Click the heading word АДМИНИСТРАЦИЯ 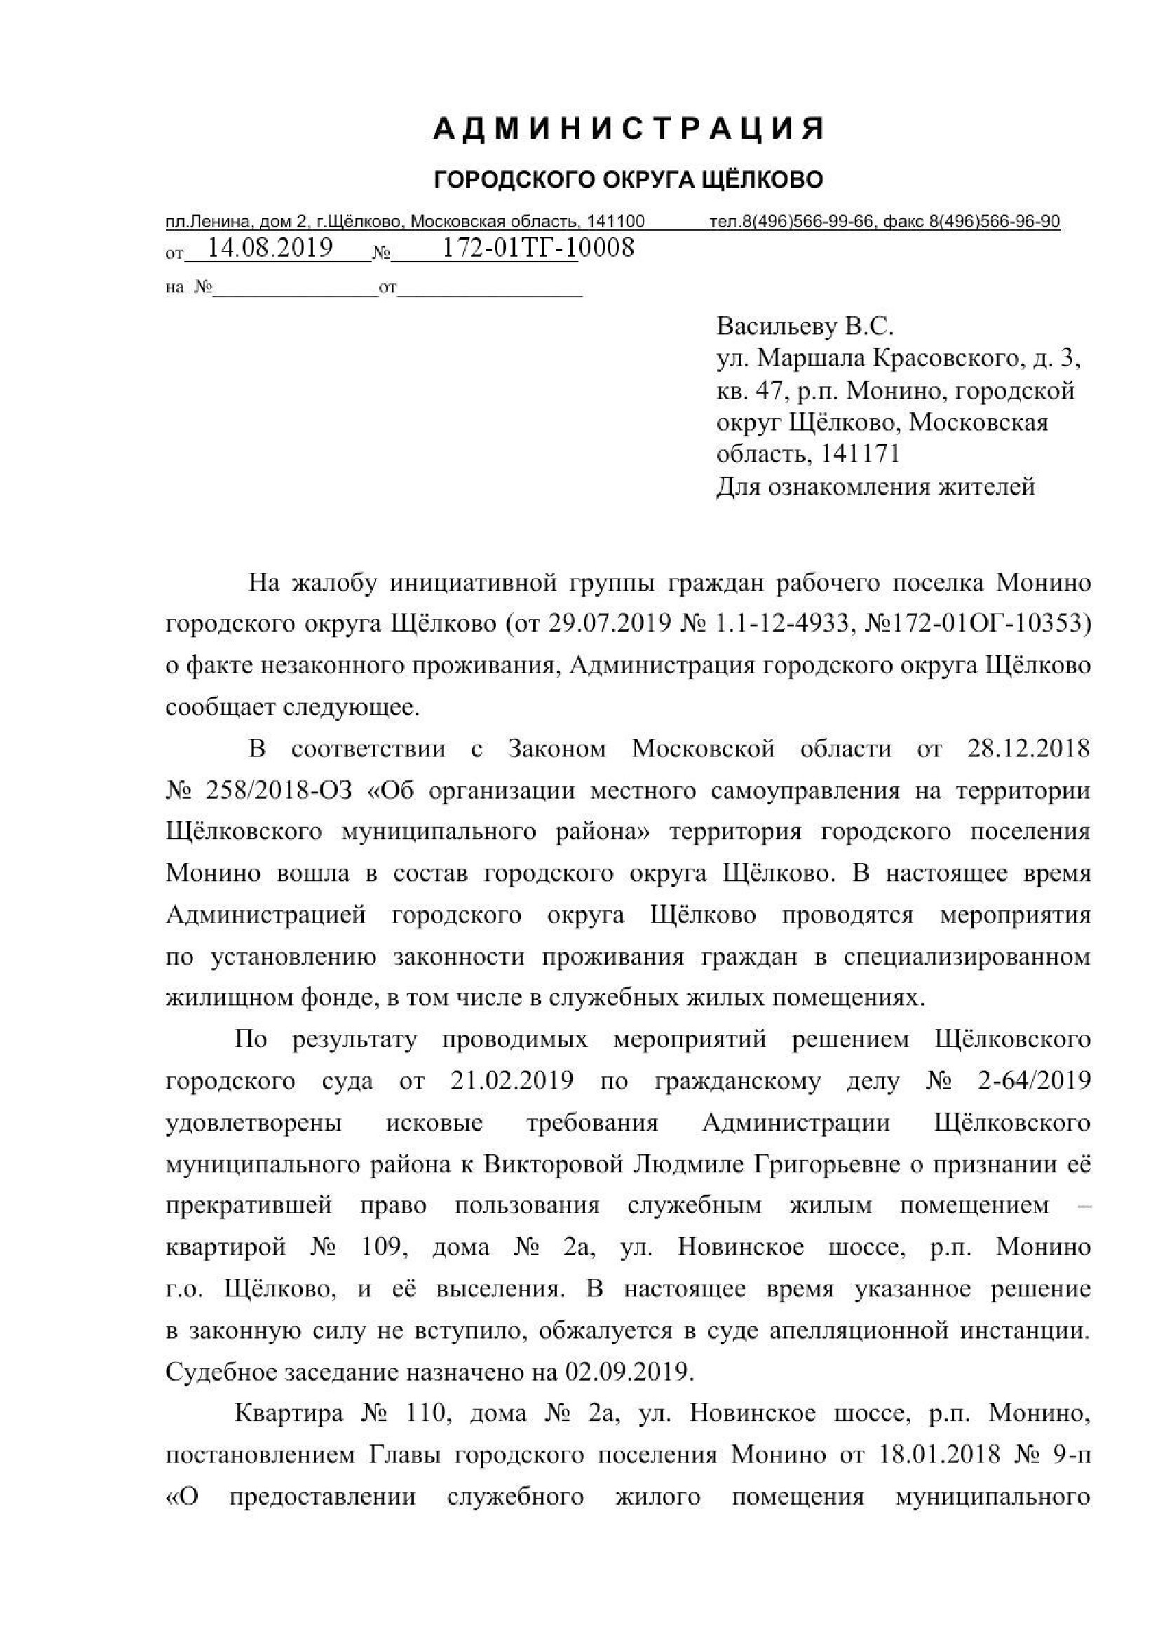pyautogui.click(x=629, y=129)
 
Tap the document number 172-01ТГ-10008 pyautogui.click(x=538, y=248)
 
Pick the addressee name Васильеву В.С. pyautogui.click(x=805, y=327)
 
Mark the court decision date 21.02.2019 pyautogui.click(x=512, y=1080)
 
